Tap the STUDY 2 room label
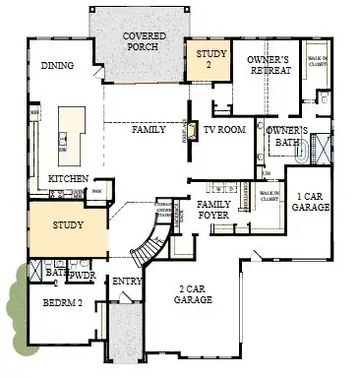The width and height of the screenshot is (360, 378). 209,59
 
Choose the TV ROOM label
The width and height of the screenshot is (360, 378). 225,129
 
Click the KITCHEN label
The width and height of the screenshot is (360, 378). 68,178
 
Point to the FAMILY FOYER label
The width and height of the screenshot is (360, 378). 213,209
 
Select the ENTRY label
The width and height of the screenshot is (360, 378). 127,283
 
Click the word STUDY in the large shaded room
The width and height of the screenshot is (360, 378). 68,225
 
